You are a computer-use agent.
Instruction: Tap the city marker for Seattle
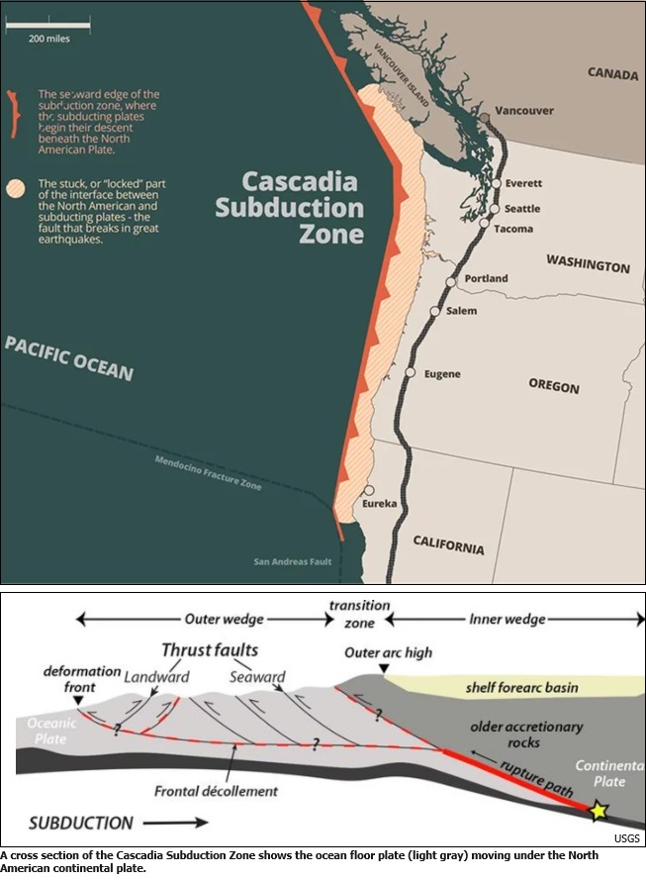(x=493, y=208)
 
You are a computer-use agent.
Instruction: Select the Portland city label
(x=486, y=278)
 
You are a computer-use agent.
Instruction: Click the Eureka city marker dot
(x=368, y=490)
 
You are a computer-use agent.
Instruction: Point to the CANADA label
(x=613, y=72)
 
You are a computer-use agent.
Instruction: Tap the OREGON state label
(x=553, y=384)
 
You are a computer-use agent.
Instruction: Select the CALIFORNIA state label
(x=448, y=543)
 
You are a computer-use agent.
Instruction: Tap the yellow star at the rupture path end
(x=598, y=812)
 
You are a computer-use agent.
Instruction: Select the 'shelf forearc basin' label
(x=521, y=687)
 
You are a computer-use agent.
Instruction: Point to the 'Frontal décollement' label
(x=216, y=791)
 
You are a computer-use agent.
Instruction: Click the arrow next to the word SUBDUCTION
(x=178, y=822)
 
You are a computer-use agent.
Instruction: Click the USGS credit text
(x=626, y=838)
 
